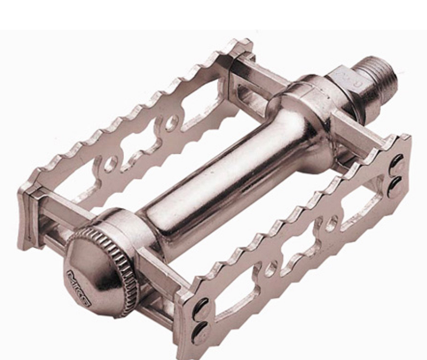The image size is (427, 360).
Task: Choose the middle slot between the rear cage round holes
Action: [140, 145]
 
